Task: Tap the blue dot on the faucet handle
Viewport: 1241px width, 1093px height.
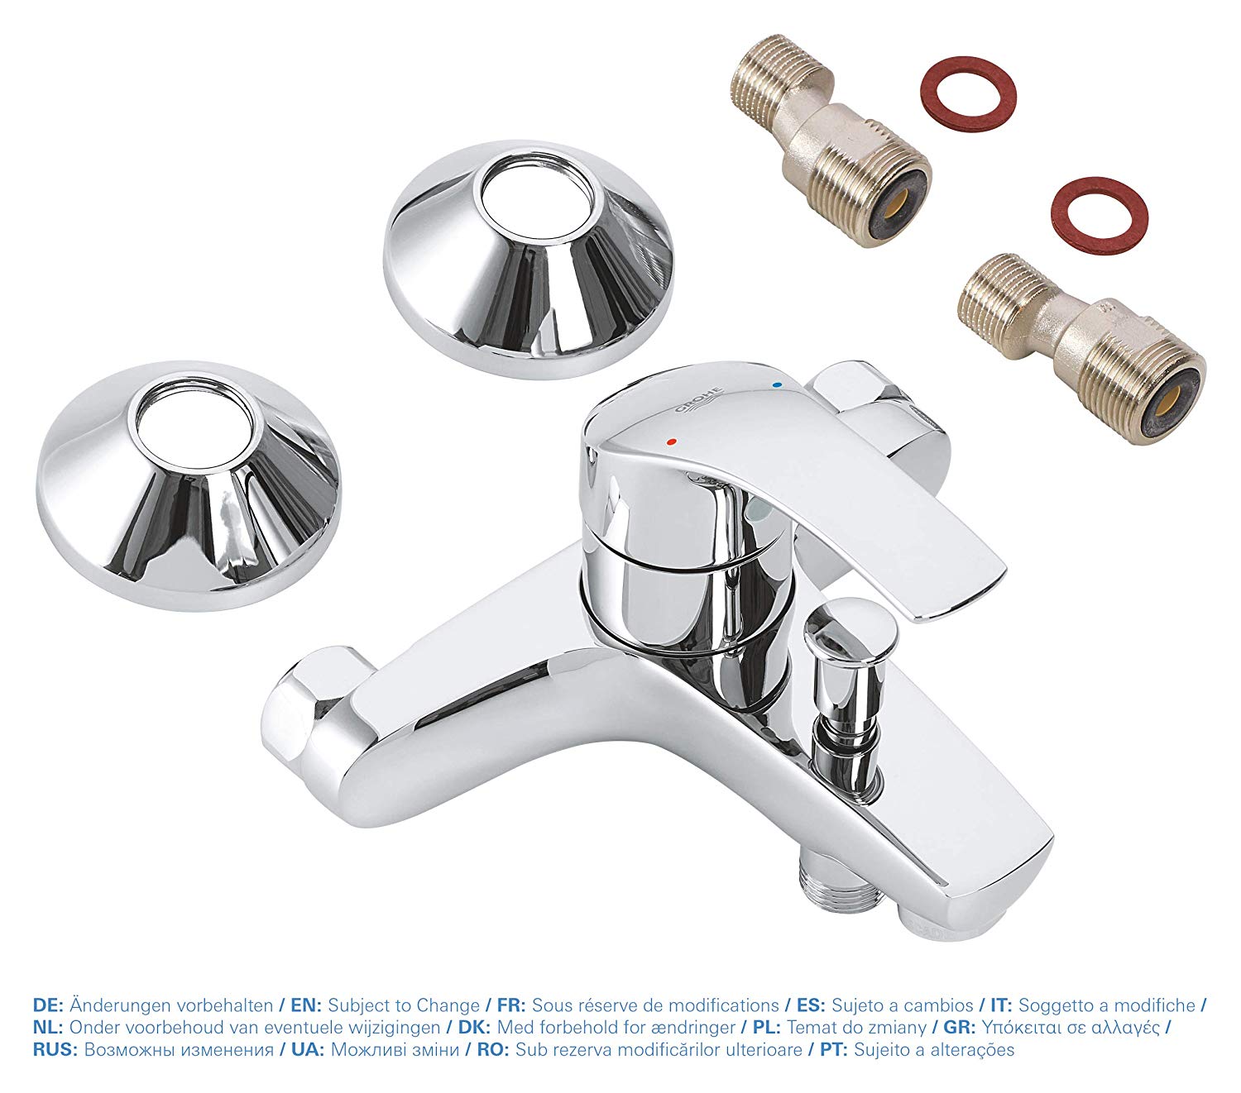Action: coord(775,385)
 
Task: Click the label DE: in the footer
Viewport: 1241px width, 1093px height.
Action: coord(49,1005)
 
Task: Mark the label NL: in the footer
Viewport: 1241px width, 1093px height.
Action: coord(48,1028)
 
